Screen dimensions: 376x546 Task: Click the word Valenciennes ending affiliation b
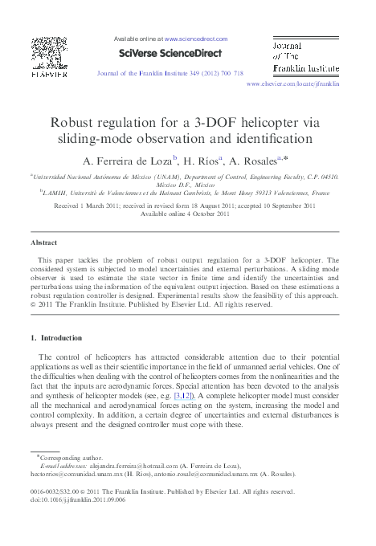[287, 194]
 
